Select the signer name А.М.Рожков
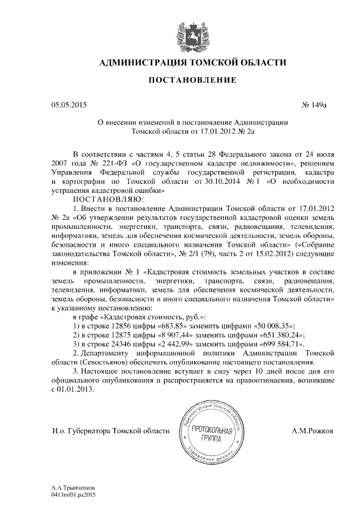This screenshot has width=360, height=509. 312,430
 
